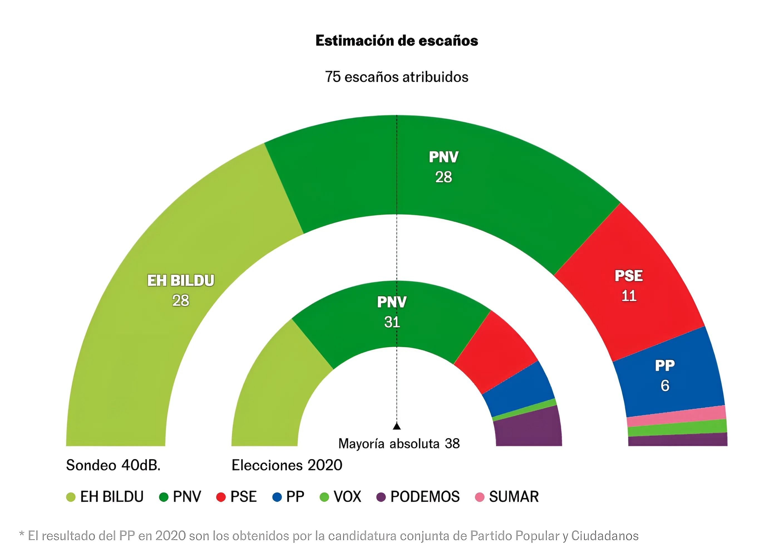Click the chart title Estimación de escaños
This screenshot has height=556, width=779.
pos(396,41)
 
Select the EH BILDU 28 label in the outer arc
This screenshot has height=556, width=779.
pos(181,290)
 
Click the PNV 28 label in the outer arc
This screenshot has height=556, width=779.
pos(443,167)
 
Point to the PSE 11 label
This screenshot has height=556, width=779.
pos(628,286)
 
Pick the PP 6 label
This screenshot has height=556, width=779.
pos(664,375)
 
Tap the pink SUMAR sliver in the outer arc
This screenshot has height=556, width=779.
pos(676,416)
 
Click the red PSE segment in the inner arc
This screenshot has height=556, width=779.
pos(496,353)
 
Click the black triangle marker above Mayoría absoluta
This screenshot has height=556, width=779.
pos(397,426)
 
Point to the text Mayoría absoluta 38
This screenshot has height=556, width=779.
pos(399,444)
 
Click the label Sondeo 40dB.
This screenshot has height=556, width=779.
pos(113,465)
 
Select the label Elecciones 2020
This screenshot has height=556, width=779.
pos(287,465)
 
